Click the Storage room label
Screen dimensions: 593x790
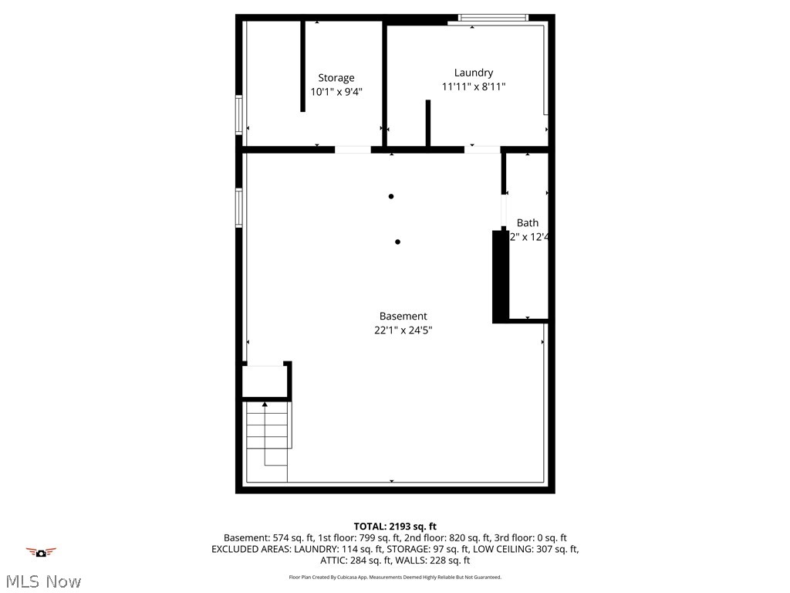pos(336,78)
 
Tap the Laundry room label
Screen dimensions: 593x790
pos(473,73)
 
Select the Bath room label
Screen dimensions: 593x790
pos(528,223)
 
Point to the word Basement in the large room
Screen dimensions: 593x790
pos(403,316)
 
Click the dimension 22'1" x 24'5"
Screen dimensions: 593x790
pos(403,330)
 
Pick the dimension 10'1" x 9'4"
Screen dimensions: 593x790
pos(336,92)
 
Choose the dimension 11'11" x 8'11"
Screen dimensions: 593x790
pos(473,87)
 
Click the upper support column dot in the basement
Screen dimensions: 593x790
pos(391,196)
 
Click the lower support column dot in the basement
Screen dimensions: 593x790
pos(397,242)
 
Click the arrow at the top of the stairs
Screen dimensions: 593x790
pos(265,404)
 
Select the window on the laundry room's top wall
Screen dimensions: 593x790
pos(493,18)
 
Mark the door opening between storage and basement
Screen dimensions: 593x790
pos(353,149)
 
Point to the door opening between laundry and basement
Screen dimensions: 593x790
pos(482,149)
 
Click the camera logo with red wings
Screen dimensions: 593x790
pos(41,552)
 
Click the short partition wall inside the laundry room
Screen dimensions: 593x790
pos(428,122)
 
